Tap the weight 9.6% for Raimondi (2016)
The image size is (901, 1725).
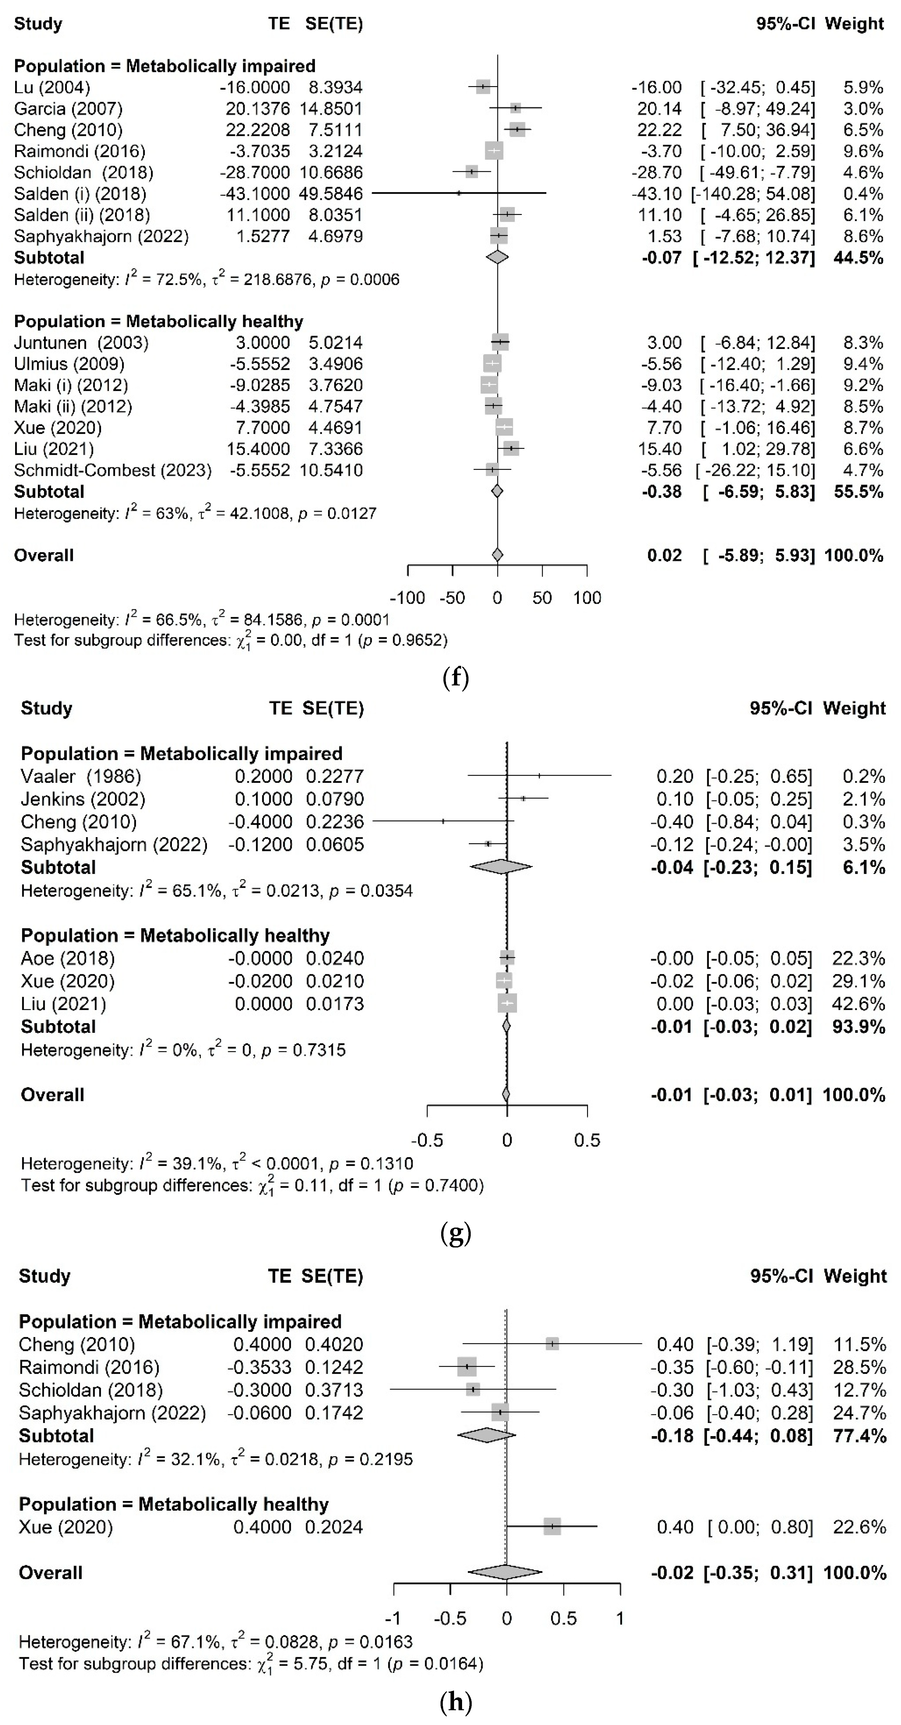[863, 151]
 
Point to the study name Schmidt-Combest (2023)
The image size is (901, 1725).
[112, 470]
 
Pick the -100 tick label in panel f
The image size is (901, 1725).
[407, 598]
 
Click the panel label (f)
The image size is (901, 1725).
[456, 678]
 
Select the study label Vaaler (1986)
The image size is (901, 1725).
[81, 777]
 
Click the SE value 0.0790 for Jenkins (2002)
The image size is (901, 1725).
[335, 800]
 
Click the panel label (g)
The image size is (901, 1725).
[456, 1233]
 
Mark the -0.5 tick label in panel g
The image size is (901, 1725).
[426, 1140]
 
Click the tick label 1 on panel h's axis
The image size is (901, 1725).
[620, 1619]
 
